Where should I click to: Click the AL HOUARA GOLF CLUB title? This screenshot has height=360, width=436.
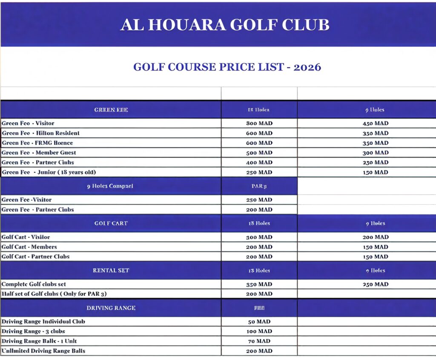point(225,25)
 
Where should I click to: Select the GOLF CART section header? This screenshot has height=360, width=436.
point(111,223)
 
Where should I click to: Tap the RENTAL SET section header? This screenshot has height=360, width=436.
point(111,270)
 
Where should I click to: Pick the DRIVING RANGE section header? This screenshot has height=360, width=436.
point(111,308)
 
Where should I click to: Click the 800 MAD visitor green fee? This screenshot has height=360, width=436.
point(259,123)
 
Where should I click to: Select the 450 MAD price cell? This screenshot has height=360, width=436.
point(375,123)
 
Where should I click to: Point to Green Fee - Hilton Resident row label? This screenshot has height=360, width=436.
point(40,133)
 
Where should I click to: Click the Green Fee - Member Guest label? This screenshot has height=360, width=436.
point(39,152)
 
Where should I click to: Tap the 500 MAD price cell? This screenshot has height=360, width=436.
point(259,153)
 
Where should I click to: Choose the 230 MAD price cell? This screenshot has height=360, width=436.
point(375,163)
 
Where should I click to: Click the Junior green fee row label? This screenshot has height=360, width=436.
point(49,172)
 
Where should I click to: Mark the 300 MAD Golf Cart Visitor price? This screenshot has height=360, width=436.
point(259,237)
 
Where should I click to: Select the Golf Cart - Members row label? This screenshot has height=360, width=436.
point(29,247)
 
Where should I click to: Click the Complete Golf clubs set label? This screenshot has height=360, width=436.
point(34,284)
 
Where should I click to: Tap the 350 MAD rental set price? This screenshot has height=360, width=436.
point(259,284)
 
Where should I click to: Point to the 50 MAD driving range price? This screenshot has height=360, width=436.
point(259,322)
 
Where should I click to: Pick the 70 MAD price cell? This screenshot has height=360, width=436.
point(259,341)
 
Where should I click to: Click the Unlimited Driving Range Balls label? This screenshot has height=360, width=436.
point(43,351)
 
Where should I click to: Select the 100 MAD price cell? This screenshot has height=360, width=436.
point(259,331)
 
